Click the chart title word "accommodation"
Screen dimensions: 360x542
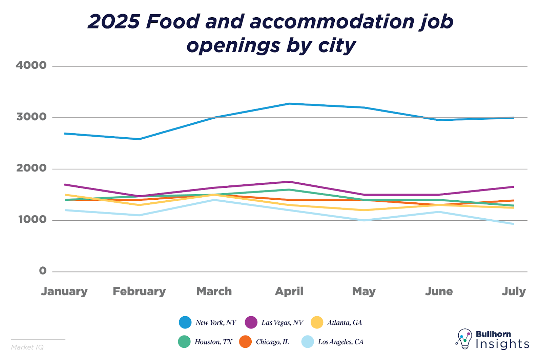point(332,22)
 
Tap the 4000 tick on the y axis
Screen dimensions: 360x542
point(31,65)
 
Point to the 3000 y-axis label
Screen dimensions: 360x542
point(31,117)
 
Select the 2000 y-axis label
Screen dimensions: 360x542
point(31,168)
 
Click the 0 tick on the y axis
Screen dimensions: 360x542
point(43,271)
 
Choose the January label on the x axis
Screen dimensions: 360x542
point(64,291)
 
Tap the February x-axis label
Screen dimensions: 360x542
point(139,291)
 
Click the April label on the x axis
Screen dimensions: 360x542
point(289,291)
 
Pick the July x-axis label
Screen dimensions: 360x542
point(514,291)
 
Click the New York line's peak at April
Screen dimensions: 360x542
point(289,103)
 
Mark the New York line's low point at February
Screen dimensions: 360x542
point(139,139)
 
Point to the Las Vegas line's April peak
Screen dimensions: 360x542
point(289,182)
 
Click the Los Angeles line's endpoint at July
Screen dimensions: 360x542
point(514,224)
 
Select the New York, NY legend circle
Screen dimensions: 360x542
point(185,322)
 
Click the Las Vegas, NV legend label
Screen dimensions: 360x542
point(282,322)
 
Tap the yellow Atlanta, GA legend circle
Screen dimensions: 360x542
point(317,322)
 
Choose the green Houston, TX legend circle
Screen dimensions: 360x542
point(184,341)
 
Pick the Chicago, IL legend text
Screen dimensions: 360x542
point(272,342)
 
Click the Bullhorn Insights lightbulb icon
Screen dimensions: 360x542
point(464,338)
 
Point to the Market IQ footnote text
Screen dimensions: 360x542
point(27,347)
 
